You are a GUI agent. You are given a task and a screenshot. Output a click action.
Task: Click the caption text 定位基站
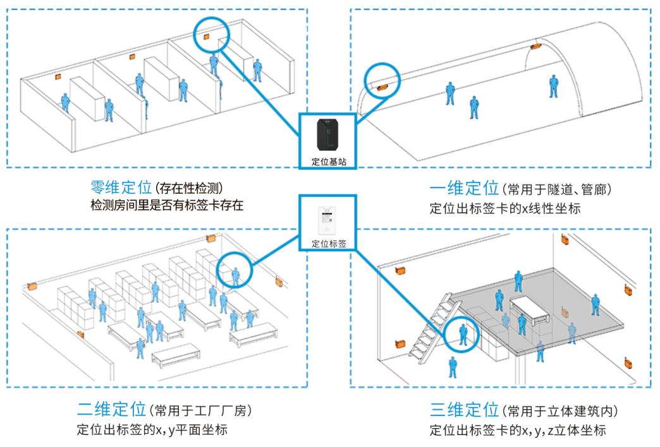327,162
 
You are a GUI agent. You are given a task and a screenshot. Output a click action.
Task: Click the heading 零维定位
121,188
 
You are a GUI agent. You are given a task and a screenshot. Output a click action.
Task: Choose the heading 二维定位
102,412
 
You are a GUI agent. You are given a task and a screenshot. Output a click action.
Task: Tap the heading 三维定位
464,412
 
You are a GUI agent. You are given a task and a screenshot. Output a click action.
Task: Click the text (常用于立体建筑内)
559,412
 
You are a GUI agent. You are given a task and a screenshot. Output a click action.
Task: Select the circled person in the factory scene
236,273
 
